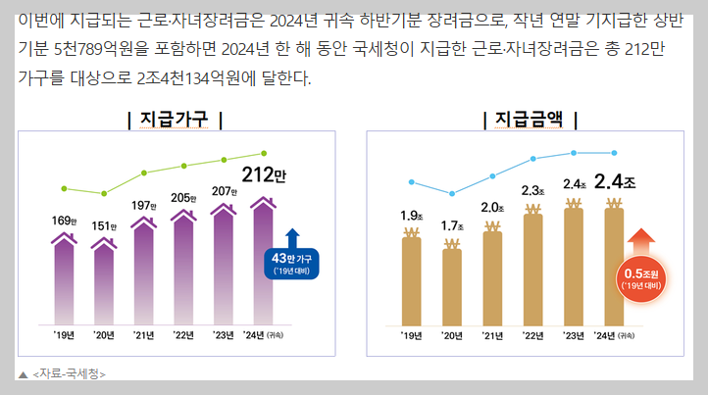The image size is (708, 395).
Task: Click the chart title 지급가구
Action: (x=175, y=120)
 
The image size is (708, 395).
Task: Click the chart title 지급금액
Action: (x=529, y=120)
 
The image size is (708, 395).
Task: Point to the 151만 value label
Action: (x=104, y=226)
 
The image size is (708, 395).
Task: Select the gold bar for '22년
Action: (x=532, y=267)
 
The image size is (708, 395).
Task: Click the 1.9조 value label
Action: (x=411, y=216)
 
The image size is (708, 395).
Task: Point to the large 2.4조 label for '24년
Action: (x=615, y=182)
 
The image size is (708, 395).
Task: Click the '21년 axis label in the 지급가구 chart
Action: (x=144, y=335)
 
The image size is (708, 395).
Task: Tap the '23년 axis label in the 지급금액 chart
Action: (x=574, y=335)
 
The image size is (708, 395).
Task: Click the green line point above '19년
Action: (x=64, y=187)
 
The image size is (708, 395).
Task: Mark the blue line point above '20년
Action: (x=452, y=194)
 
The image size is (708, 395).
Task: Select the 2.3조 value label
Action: (x=532, y=190)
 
